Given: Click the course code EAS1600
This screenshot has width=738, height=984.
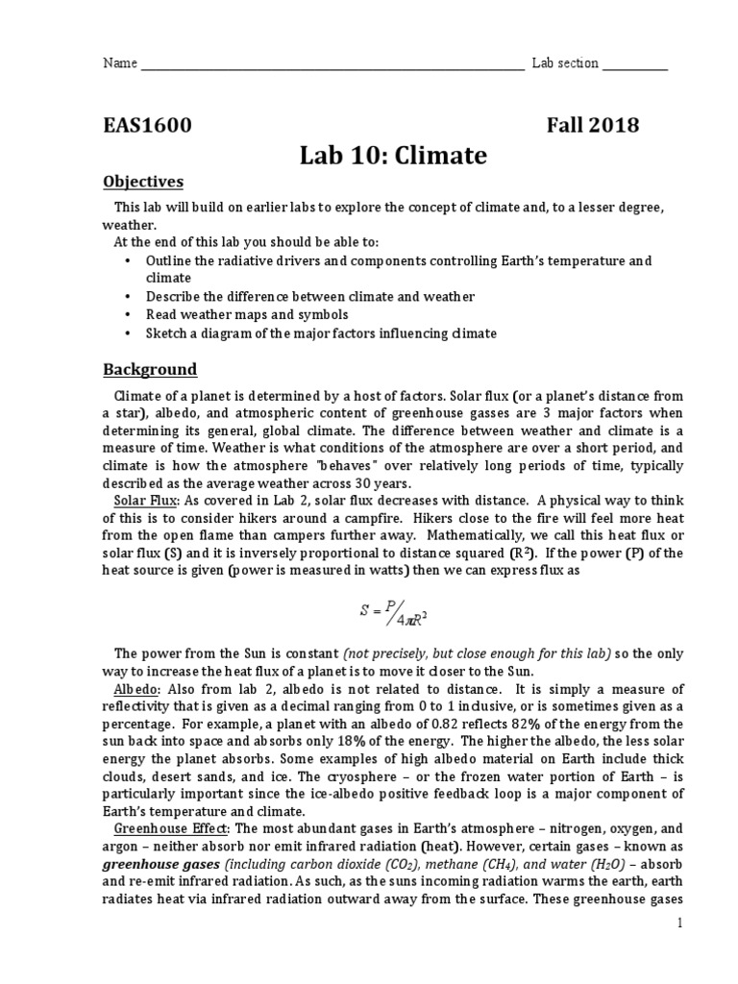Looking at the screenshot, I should (147, 125).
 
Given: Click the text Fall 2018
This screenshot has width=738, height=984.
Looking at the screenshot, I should (593, 125).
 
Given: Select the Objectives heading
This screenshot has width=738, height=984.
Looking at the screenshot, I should (143, 183).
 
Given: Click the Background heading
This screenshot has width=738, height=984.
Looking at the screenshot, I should (150, 369).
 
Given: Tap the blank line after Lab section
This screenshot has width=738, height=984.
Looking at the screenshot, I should (635, 64).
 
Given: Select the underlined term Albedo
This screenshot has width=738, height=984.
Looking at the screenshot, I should (135, 689).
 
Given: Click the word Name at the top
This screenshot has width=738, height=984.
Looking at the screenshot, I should (119, 63).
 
